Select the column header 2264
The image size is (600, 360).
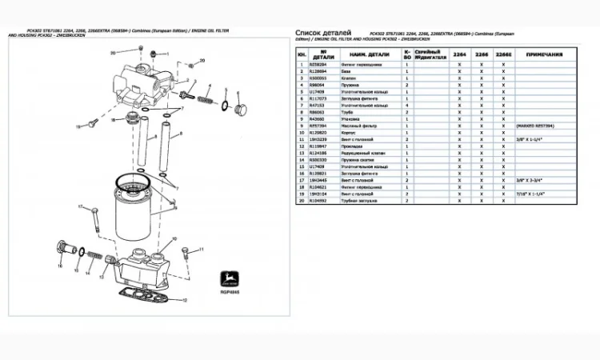[459, 54]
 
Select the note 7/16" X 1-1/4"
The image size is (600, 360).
[533, 194]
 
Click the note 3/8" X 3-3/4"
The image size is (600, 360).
[530, 180]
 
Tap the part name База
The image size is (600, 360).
[346, 70]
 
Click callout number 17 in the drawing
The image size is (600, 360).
[80, 207]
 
